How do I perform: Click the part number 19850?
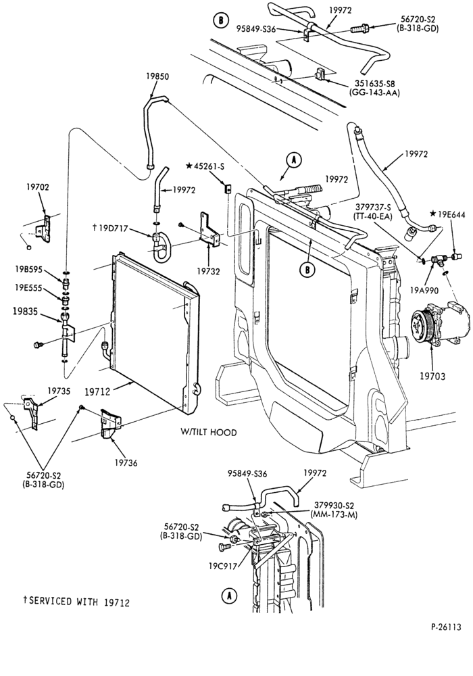[157, 77]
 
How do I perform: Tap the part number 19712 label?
[97, 391]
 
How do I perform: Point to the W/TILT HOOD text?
[209, 432]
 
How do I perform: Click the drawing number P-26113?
[446, 627]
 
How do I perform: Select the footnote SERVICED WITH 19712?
[76, 602]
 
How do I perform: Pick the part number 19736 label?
[126, 463]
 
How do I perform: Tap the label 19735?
[59, 391]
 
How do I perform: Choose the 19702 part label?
[37, 187]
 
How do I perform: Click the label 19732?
[209, 272]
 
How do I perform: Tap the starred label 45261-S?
[205, 166]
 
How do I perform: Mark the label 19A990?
[424, 291]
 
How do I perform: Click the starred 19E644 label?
[447, 214]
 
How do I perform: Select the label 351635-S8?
[375, 84]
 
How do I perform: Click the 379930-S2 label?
[334, 506]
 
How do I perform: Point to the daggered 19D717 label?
[110, 228]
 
